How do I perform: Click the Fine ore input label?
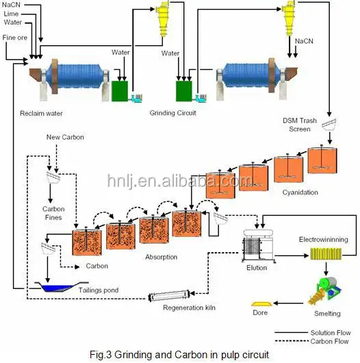coord(14,37)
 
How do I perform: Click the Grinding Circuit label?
coord(172,112)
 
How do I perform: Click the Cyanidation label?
coord(300,192)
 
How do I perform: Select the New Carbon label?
coord(65,138)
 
